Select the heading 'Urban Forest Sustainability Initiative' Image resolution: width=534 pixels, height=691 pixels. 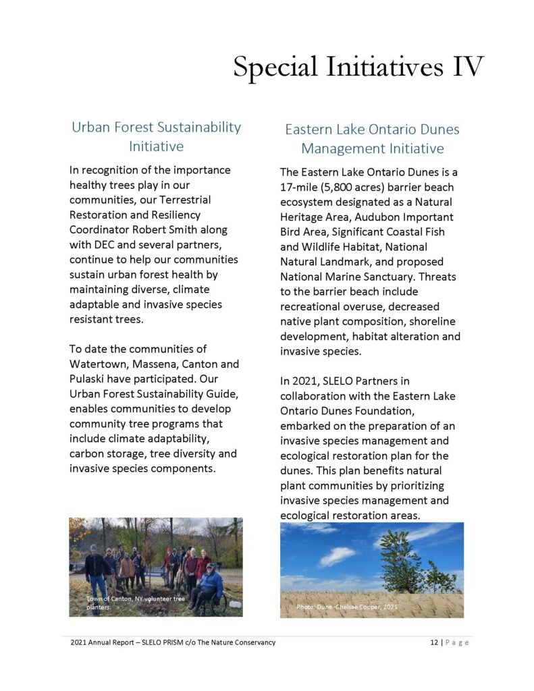click(x=156, y=136)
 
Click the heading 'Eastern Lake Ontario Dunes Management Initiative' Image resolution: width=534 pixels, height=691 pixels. click(x=372, y=138)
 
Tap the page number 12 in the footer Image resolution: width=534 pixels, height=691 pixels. click(x=434, y=642)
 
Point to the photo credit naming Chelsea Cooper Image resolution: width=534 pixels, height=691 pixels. click(x=347, y=607)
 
